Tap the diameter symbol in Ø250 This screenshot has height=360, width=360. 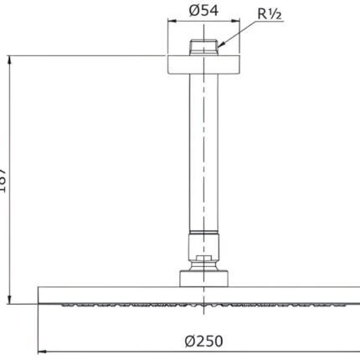coord(185,342)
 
